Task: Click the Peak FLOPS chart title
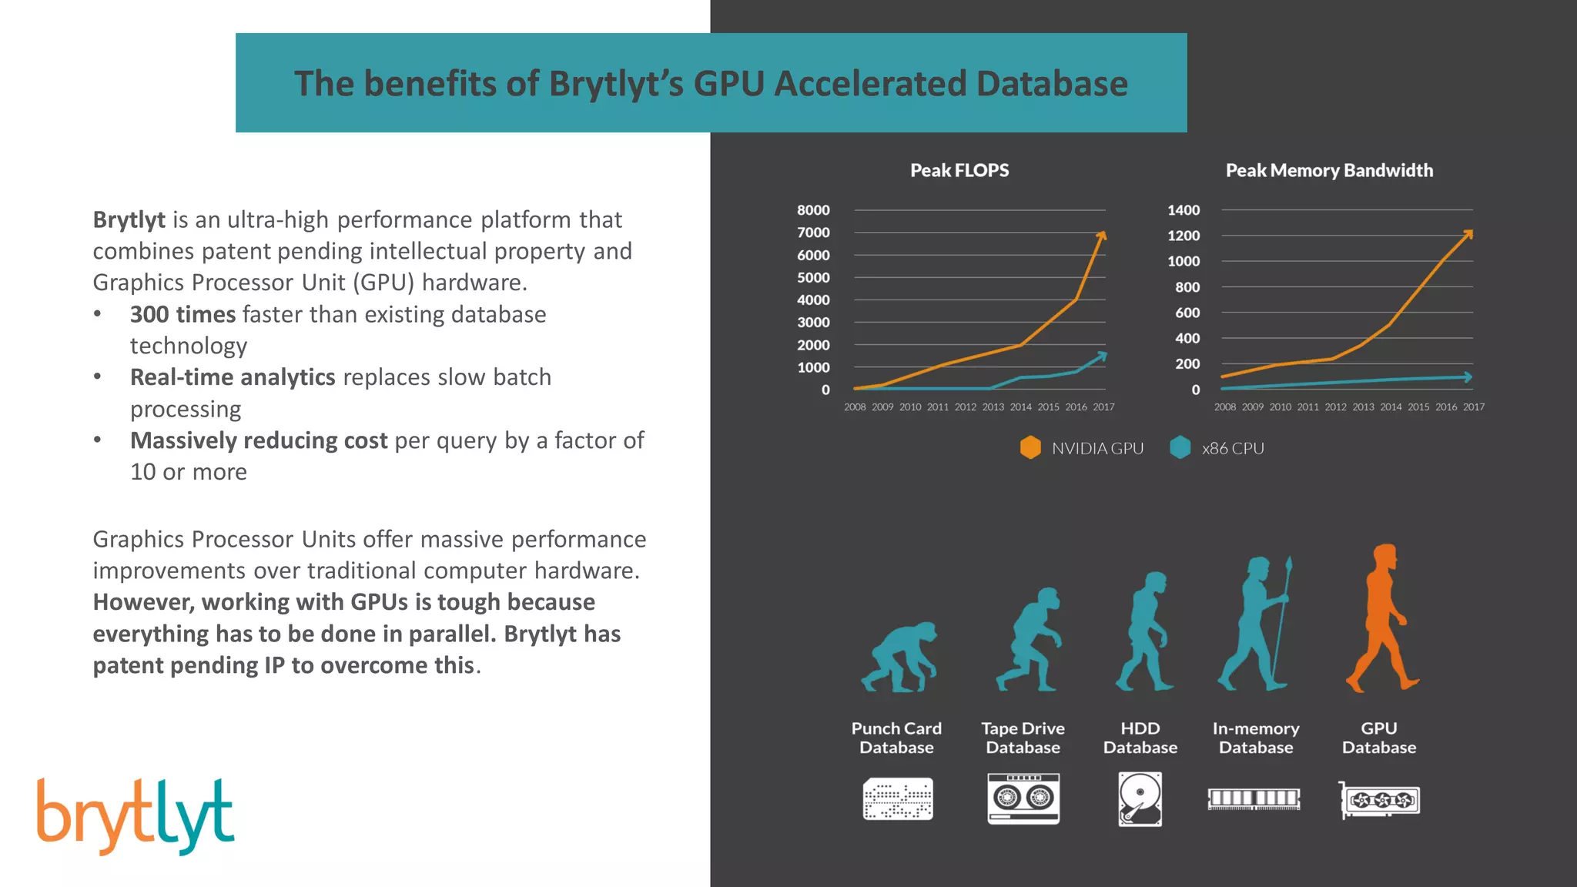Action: (x=959, y=170)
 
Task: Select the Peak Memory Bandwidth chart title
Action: (x=1329, y=170)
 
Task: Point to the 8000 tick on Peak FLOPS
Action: (x=813, y=210)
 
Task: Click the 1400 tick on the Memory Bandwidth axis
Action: (x=1184, y=210)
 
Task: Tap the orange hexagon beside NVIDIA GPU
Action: (x=1030, y=447)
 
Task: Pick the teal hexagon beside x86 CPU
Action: (x=1180, y=447)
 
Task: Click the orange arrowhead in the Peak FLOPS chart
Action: (x=1103, y=234)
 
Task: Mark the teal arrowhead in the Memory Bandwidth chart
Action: (x=1468, y=377)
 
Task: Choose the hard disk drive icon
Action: (x=1140, y=799)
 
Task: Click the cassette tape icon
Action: (x=1023, y=799)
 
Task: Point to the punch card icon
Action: (x=898, y=799)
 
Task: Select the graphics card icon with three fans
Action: (x=1380, y=800)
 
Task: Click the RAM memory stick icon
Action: (x=1254, y=798)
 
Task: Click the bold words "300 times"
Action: (x=182, y=314)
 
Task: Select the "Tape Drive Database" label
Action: (x=1023, y=738)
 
